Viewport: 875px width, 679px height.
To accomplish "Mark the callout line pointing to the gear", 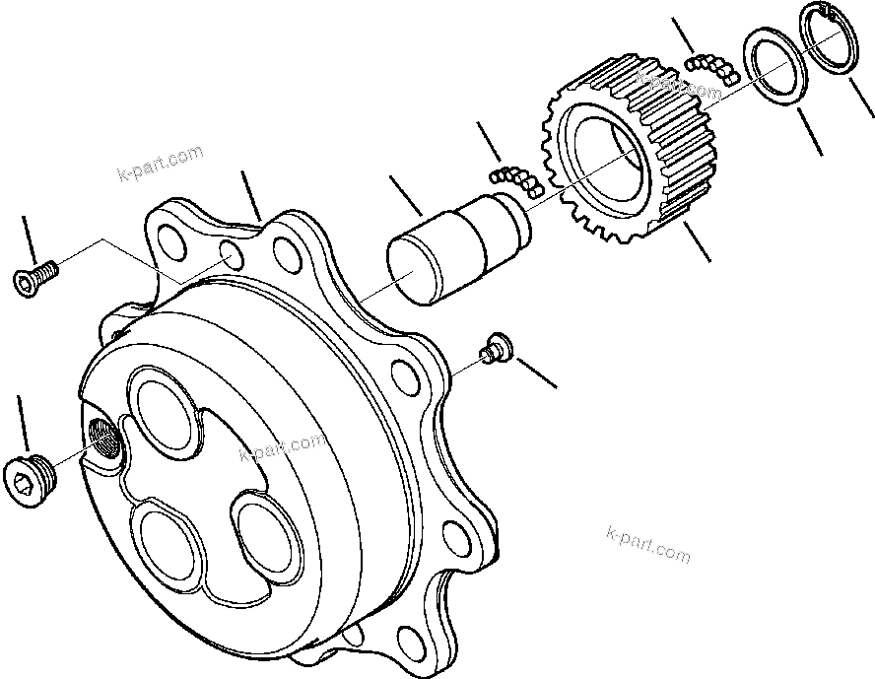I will [696, 240].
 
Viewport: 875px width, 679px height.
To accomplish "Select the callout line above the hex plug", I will [22, 424].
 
